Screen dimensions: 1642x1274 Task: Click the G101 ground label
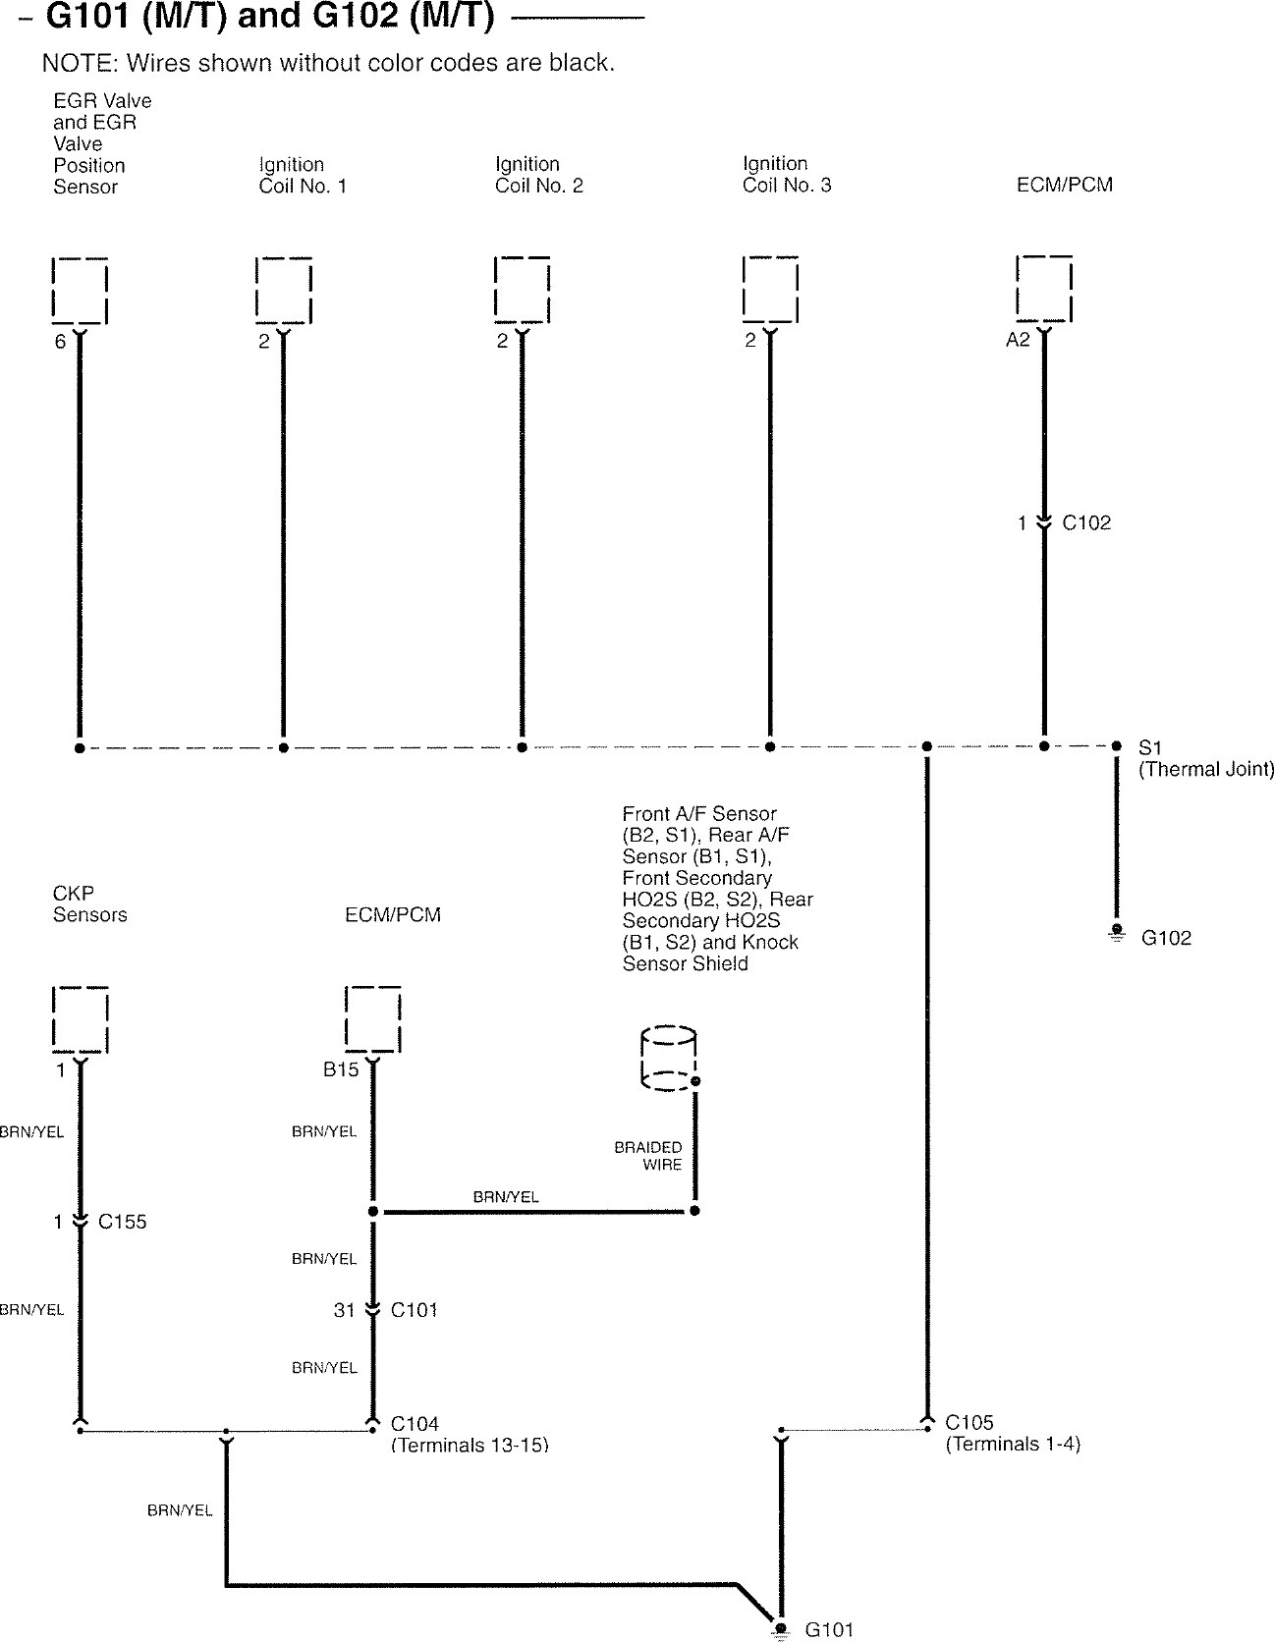click(x=829, y=1629)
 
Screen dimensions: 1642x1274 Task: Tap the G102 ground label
click(x=1166, y=938)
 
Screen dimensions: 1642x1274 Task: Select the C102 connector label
click(x=1086, y=523)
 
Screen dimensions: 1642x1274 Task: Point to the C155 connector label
click(x=123, y=1222)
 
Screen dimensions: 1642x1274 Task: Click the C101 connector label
click(x=415, y=1309)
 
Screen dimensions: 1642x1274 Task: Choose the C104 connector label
click(x=415, y=1423)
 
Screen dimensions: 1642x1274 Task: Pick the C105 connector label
click(x=969, y=1422)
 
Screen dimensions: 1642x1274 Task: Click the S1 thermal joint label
click(x=1149, y=747)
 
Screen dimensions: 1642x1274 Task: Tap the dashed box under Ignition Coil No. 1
click(x=284, y=290)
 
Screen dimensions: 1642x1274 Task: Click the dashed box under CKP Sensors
click(x=80, y=1019)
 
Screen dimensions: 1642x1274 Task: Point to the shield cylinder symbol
click(x=668, y=1059)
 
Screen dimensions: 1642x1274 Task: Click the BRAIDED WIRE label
click(x=648, y=1156)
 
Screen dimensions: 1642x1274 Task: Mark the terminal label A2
click(x=1018, y=341)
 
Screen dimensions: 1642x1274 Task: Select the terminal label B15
click(x=341, y=1070)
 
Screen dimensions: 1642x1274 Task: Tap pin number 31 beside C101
click(x=344, y=1310)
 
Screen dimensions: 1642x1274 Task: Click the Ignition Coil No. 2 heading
click(x=538, y=175)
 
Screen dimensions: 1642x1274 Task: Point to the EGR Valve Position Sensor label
click(x=102, y=143)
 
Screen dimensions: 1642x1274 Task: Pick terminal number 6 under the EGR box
click(x=60, y=342)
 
